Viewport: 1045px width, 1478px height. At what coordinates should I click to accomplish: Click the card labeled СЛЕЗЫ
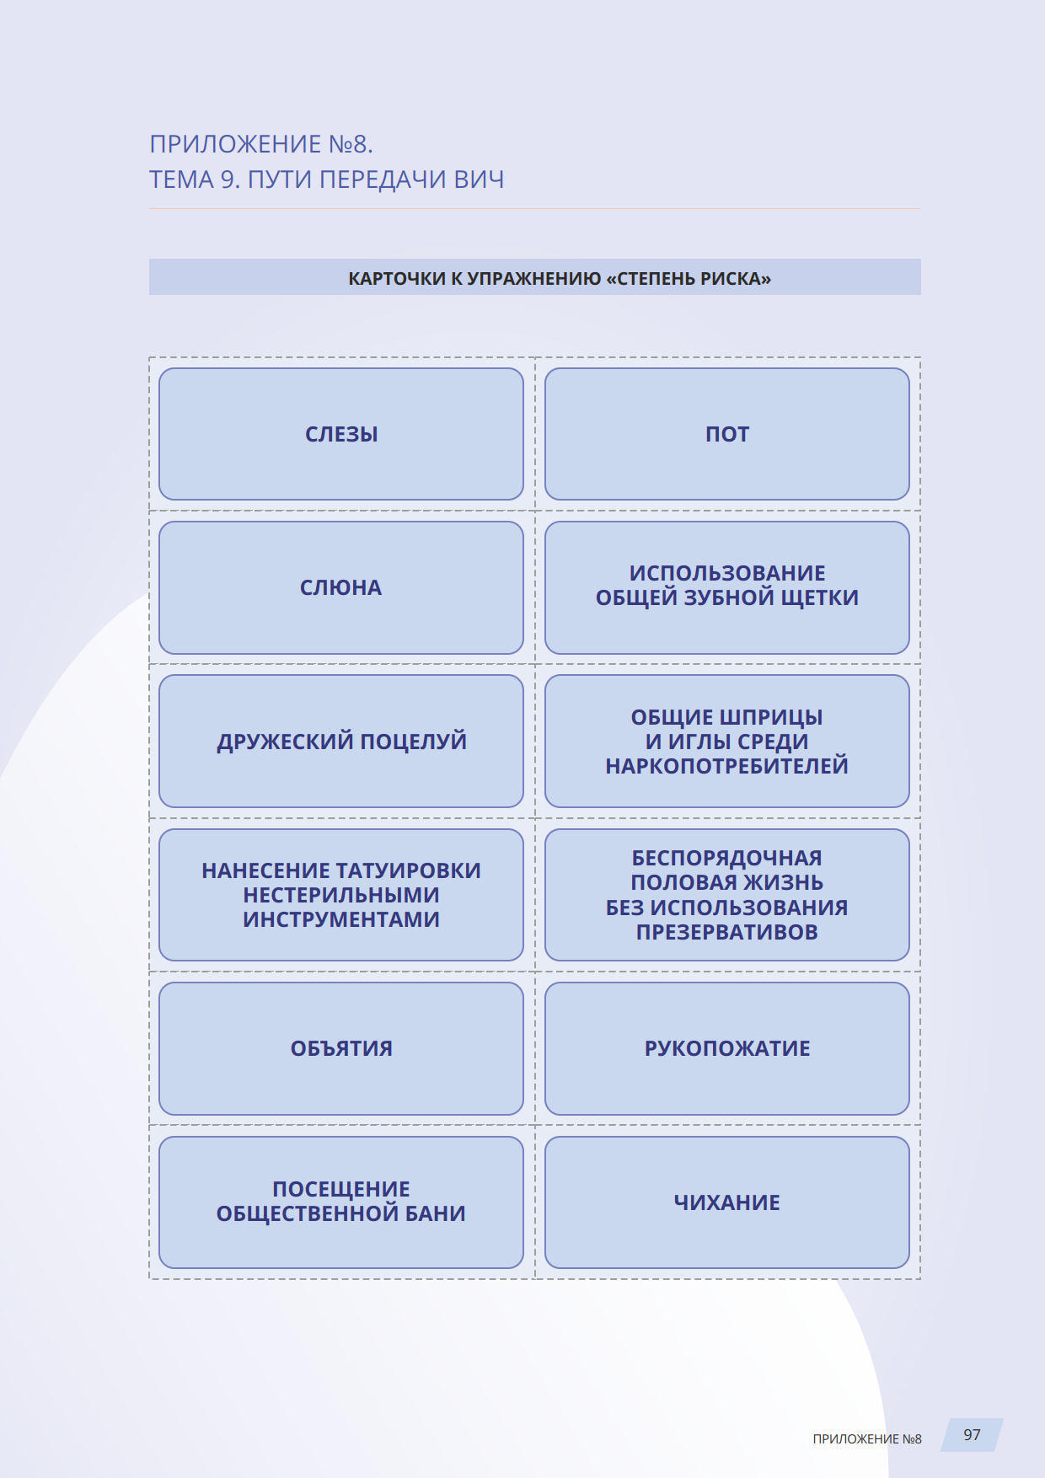[x=341, y=434]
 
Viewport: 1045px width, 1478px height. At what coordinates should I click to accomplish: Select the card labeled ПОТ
[x=726, y=434]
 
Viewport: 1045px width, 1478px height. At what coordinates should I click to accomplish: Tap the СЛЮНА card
[x=341, y=587]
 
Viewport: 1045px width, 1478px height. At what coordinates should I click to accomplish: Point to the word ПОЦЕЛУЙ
[x=413, y=742]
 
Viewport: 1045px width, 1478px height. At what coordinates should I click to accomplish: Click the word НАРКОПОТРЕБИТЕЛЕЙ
[x=726, y=766]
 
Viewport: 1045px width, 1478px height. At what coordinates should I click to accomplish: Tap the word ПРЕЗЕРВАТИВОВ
[x=726, y=932]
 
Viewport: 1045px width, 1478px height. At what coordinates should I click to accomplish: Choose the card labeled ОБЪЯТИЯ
[x=341, y=1048]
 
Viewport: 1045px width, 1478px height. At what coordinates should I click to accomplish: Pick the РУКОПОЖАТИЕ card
[x=726, y=1048]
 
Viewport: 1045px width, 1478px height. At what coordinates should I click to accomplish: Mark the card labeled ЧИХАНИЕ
[x=726, y=1202]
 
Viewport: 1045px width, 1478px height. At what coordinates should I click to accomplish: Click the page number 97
[x=972, y=1435]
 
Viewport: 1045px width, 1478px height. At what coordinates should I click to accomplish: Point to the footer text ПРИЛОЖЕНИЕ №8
[x=866, y=1439]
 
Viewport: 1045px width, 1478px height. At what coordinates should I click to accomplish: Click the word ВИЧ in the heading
[x=479, y=179]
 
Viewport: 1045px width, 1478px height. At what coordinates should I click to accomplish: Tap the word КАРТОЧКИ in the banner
[x=396, y=279]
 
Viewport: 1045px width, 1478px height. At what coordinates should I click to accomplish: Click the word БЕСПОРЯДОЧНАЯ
[x=726, y=858]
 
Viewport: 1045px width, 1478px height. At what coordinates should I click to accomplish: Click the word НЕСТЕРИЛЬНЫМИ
[x=341, y=895]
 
